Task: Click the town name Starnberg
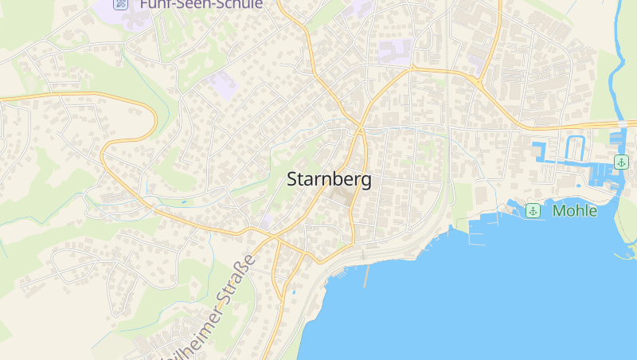[328, 180]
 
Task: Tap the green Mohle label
[573, 210]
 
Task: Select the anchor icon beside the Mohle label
[533, 210]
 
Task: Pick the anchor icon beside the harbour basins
[620, 162]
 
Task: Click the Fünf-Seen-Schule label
[201, 4]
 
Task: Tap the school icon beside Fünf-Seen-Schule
[120, 4]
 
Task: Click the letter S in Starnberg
[292, 180]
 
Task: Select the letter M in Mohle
[560, 210]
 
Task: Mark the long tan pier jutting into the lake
[366, 276]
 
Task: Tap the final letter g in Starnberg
[365, 182]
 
